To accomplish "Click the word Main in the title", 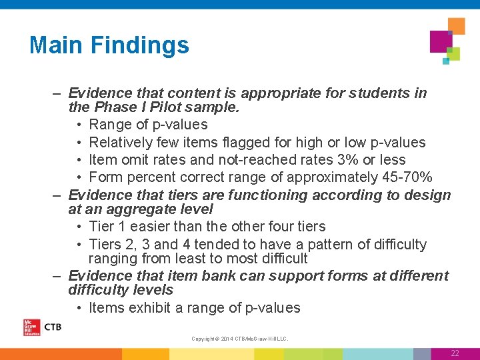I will (x=56, y=45).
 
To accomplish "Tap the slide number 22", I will (x=455, y=353).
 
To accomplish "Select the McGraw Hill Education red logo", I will (x=31, y=327).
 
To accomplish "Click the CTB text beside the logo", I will (x=53, y=327).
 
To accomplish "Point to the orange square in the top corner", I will (x=457, y=26).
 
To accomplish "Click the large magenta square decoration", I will (x=441, y=41).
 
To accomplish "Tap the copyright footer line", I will (x=240, y=339).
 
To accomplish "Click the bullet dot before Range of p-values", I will (x=79, y=125).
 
